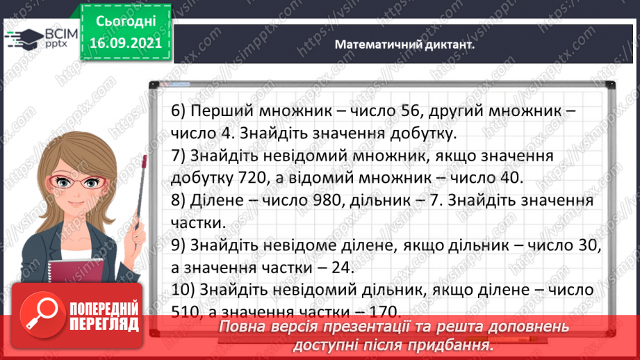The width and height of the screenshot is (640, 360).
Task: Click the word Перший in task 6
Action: (x=218, y=111)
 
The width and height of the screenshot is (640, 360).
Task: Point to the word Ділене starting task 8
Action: (x=213, y=201)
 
